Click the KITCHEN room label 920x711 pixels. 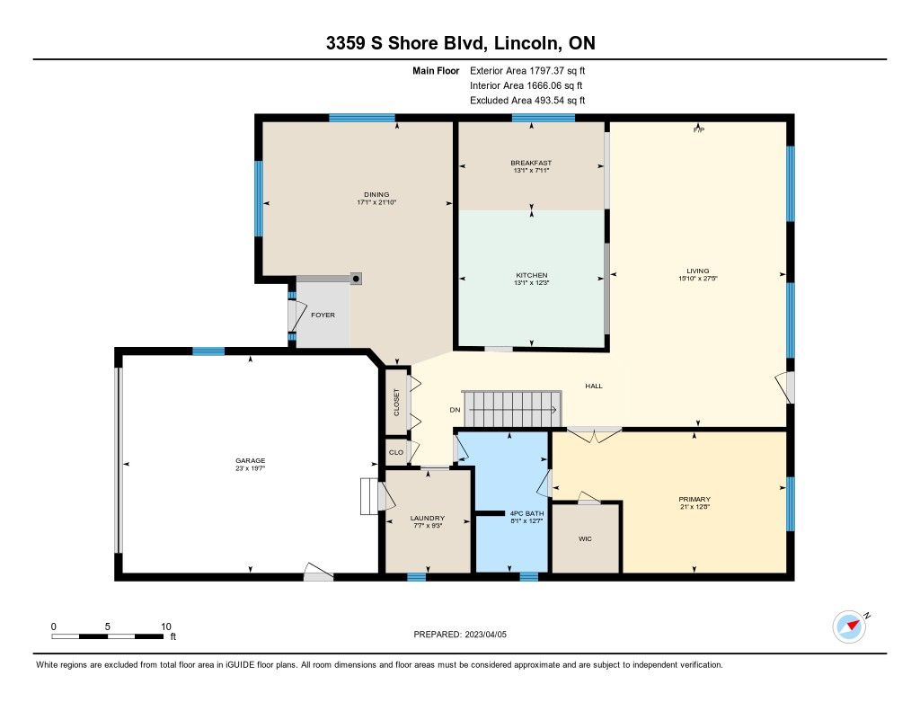pos(532,275)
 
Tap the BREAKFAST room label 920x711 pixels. pos(531,163)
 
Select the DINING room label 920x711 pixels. pos(376,194)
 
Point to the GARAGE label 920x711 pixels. pos(251,460)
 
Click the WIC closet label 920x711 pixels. pos(585,538)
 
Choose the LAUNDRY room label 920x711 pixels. pos(427,518)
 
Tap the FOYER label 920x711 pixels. pos(323,315)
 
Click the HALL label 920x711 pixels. pos(594,386)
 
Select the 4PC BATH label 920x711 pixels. pos(526,513)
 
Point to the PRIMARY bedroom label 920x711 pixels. pos(694,499)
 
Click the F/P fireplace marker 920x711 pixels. pos(699,129)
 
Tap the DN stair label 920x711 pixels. pos(456,410)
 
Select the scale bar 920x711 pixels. pos(108,635)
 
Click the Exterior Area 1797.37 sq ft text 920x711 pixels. pos(527,70)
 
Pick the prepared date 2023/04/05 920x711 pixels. pos(486,634)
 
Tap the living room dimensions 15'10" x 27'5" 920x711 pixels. pos(698,279)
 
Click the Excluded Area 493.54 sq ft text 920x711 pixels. pos(527,101)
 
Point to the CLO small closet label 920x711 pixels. pos(396,452)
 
